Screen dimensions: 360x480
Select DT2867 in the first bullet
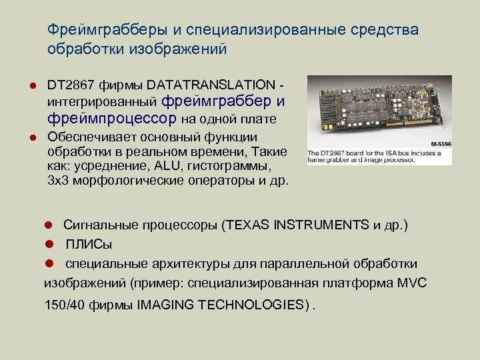tap(71, 85)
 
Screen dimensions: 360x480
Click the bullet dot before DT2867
tap(32, 86)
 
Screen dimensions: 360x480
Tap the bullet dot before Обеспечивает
tap(32, 137)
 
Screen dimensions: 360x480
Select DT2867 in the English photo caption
tap(335, 152)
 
